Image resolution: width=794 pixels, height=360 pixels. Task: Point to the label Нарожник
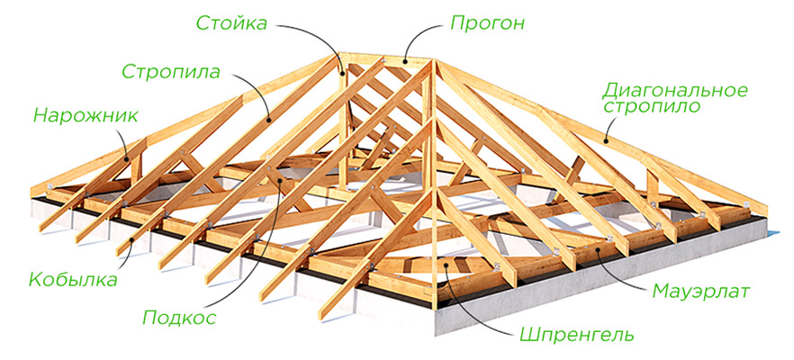85,114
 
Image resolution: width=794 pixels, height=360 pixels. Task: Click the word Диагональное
675,90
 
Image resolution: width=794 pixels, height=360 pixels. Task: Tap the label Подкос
176,316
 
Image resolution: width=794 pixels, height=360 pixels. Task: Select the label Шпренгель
576,336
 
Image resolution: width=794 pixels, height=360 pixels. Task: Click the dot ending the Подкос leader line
281,183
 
